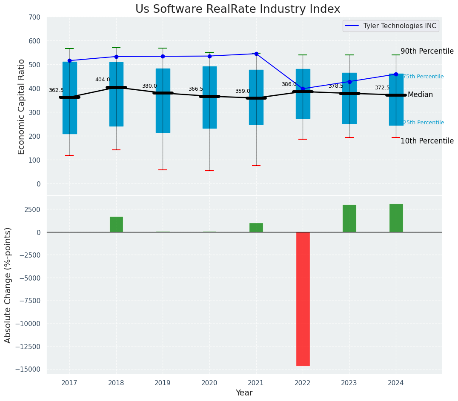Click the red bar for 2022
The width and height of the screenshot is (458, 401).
click(303, 299)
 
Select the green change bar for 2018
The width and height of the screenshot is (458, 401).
click(116, 224)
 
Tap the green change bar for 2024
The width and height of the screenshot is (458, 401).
click(396, 218)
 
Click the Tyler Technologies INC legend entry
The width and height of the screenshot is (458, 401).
click(399, 26)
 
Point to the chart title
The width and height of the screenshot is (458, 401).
click(238, 9)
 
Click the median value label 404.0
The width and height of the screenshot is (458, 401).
click(103, 80)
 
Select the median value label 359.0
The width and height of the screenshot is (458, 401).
click(243, 92)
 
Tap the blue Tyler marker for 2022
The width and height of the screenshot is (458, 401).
click(303, 89)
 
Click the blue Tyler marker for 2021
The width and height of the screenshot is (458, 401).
click(256, 54)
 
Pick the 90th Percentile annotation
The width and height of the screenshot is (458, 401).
click(427, 51)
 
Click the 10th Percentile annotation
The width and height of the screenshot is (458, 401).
click(427, 141)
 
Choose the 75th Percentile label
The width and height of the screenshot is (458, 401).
click(423, 77)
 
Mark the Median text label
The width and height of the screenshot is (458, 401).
click(420, 95)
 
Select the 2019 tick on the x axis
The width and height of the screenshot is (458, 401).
click(163, 383)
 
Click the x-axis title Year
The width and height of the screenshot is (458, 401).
click(244, 393)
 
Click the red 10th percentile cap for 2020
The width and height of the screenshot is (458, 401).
click(209, 171)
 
